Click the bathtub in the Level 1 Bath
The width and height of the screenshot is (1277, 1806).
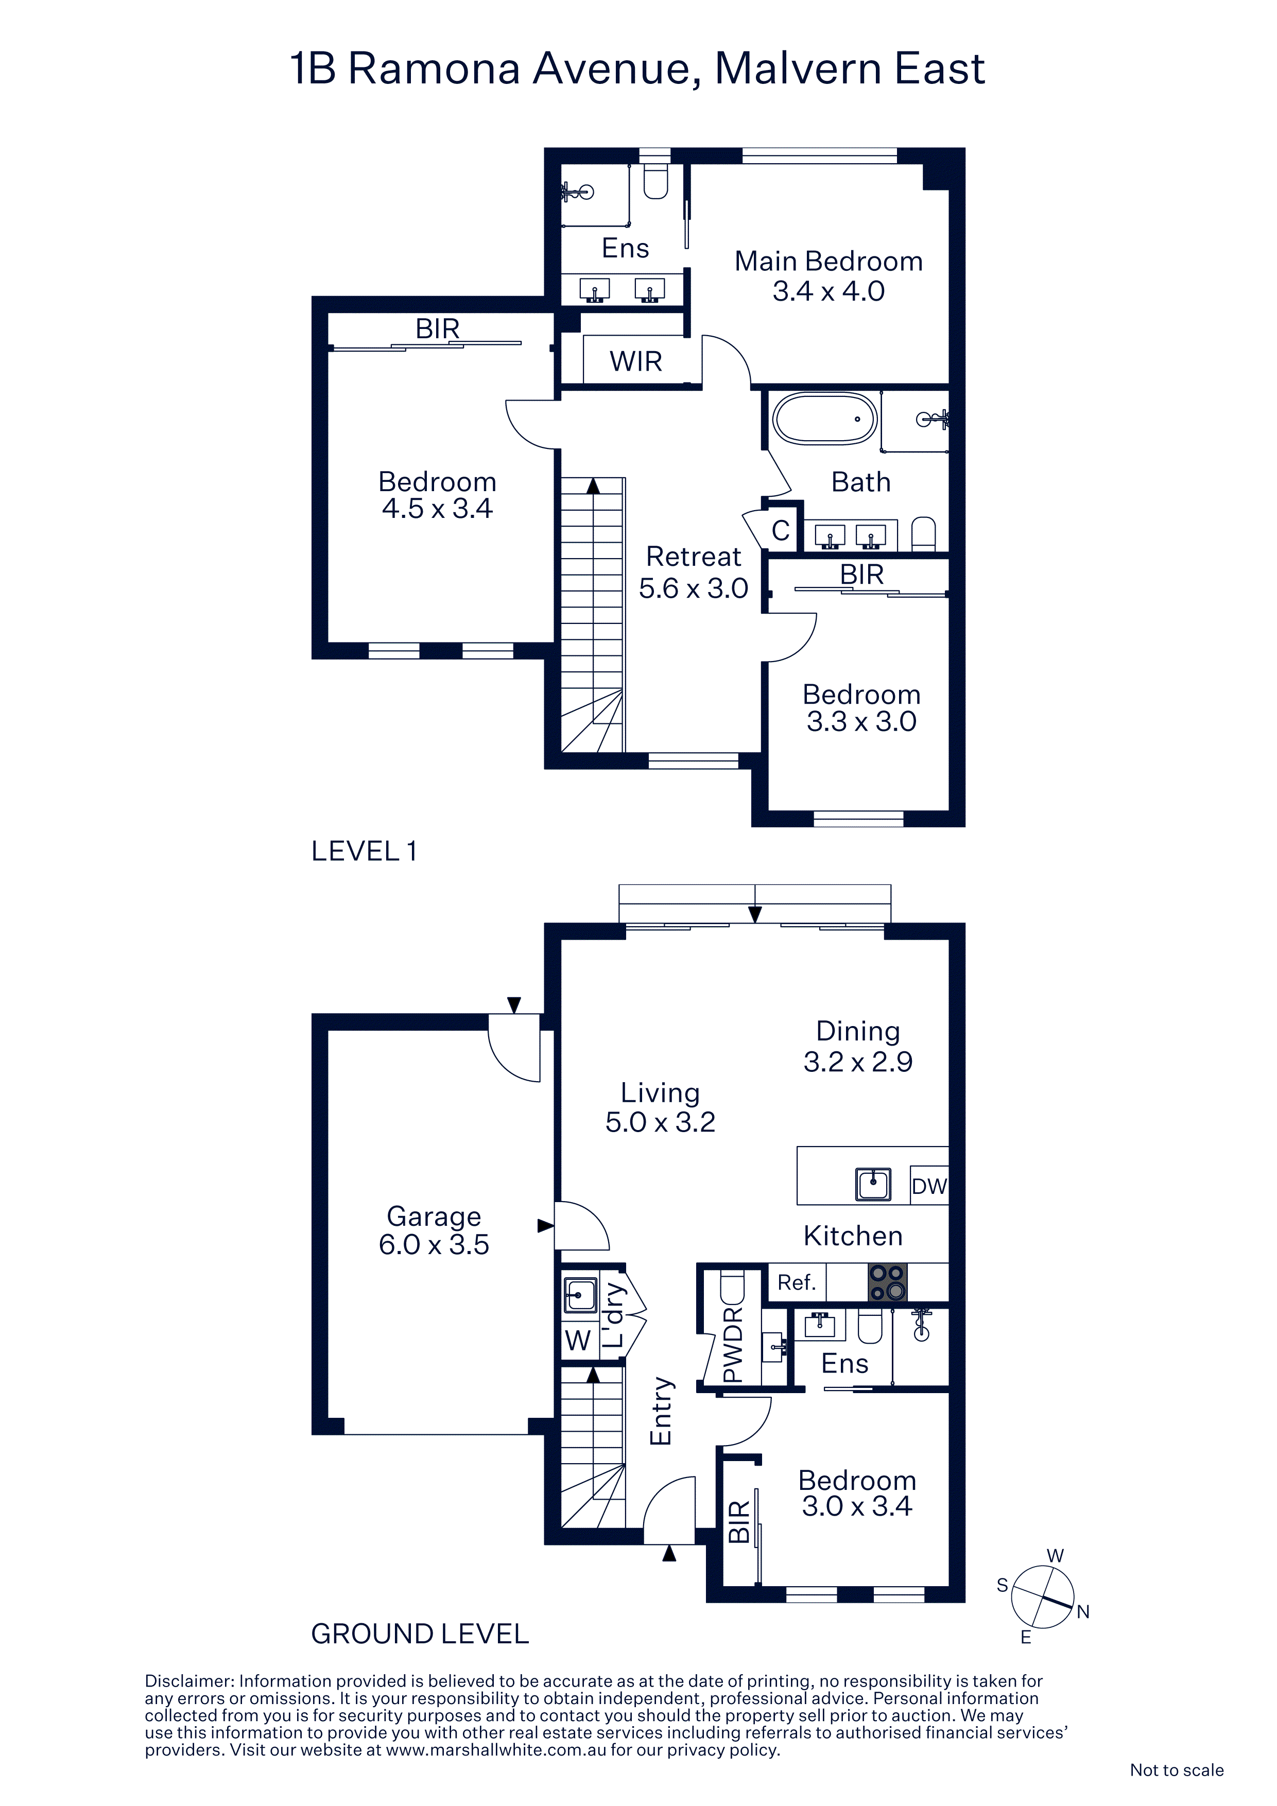point(824,419)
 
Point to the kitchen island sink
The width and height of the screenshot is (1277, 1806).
point(873,1185)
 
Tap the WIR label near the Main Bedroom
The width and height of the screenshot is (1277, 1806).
point(636,362)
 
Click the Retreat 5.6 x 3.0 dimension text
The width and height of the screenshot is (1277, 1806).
point(693,588)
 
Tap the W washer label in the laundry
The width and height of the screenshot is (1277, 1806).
point(578,1340)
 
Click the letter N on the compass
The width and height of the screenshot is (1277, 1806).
point(1083,1612)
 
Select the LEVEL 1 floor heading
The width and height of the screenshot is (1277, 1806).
point(364,851)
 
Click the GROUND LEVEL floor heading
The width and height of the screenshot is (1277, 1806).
point(420,1635)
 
